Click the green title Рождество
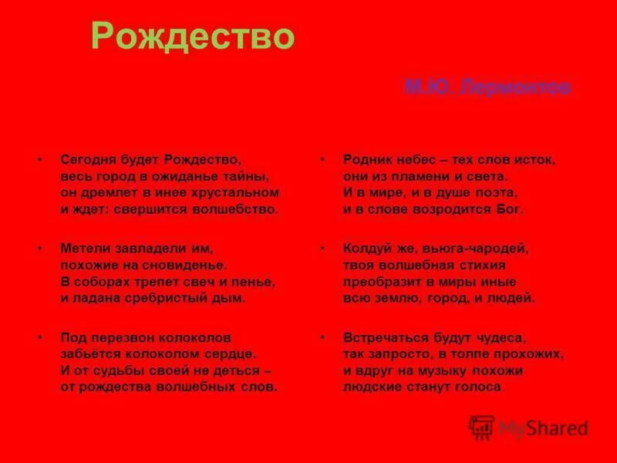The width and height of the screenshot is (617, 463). (x=193, y=35)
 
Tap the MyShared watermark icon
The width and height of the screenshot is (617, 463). (x=482, y=427)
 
